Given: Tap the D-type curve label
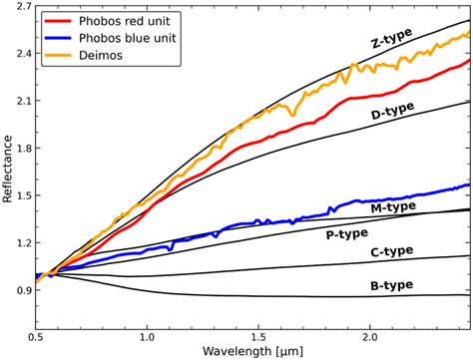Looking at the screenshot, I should (x=393, y=114).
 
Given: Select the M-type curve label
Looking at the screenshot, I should (x=392, y=206).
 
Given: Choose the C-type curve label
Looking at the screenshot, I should (x=392, y=250).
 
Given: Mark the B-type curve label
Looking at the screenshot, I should (x=392, y=285).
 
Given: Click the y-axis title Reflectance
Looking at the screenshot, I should (x=9, y=169).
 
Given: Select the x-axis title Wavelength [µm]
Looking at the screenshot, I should (x=254, y=351).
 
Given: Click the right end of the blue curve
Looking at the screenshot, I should (x=468, y=184).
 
